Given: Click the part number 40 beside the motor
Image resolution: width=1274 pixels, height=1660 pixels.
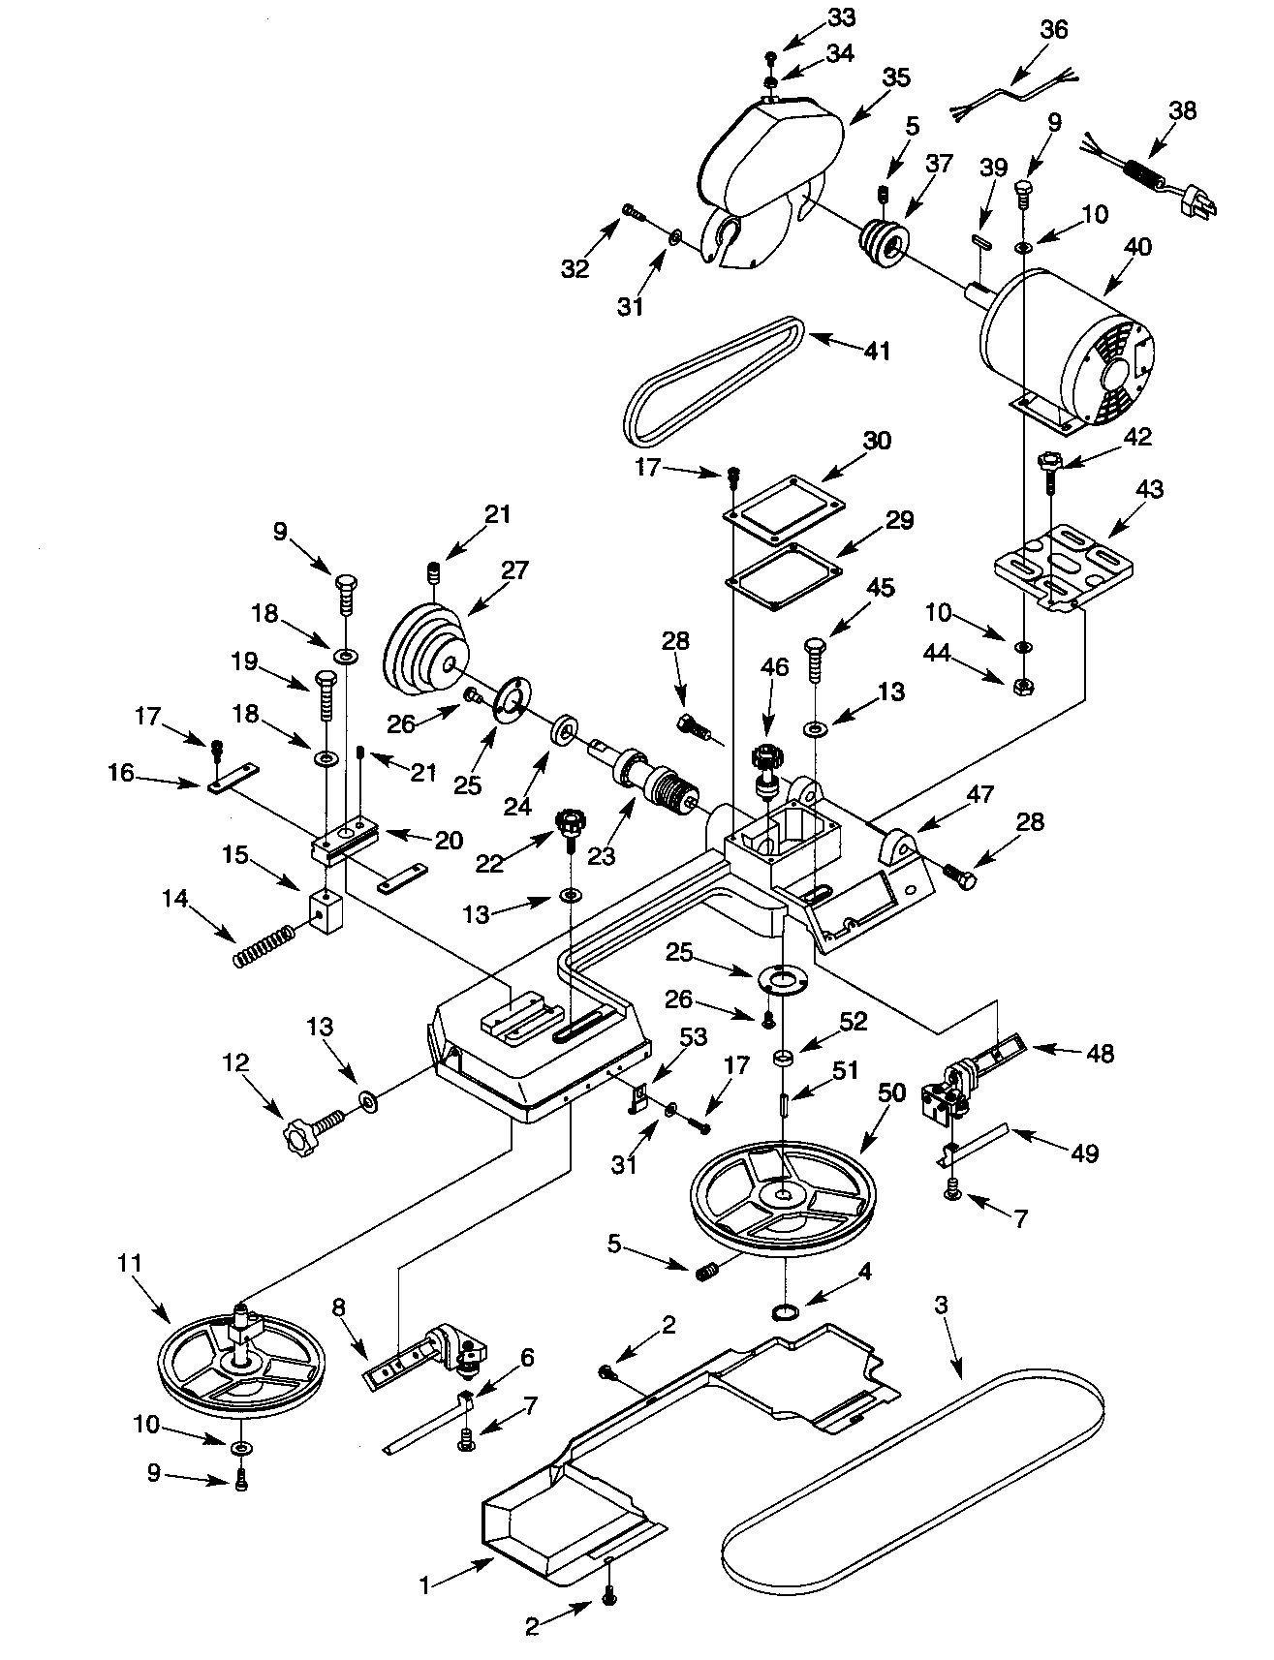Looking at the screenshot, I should point(1137,246).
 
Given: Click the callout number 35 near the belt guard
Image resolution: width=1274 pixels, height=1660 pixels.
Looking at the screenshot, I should point(896,78).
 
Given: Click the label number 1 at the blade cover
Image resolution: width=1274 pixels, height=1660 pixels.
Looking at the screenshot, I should point(423,1584).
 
